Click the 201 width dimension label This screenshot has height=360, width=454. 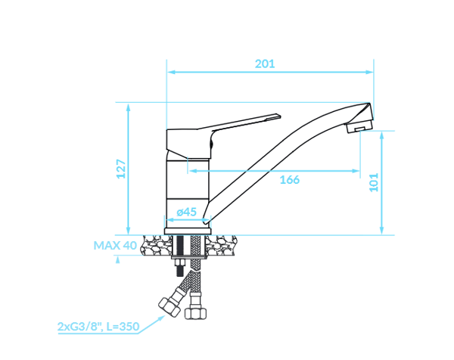(x=265, y=64)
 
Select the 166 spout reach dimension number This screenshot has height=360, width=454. (x=289, y=180)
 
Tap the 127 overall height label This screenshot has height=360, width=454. (x=121, y=169)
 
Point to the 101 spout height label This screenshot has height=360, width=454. (x=374, y=182)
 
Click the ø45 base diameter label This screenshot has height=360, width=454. (x=186, y=212)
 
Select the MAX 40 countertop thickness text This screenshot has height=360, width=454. (x=115, y=245)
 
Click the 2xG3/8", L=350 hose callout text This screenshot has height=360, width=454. (x=98, y=327)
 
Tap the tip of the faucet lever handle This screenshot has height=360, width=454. (x=280, y=116)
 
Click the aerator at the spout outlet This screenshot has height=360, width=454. (x=359, y=127)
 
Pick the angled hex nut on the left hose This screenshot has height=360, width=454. (x=169, y=307)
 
